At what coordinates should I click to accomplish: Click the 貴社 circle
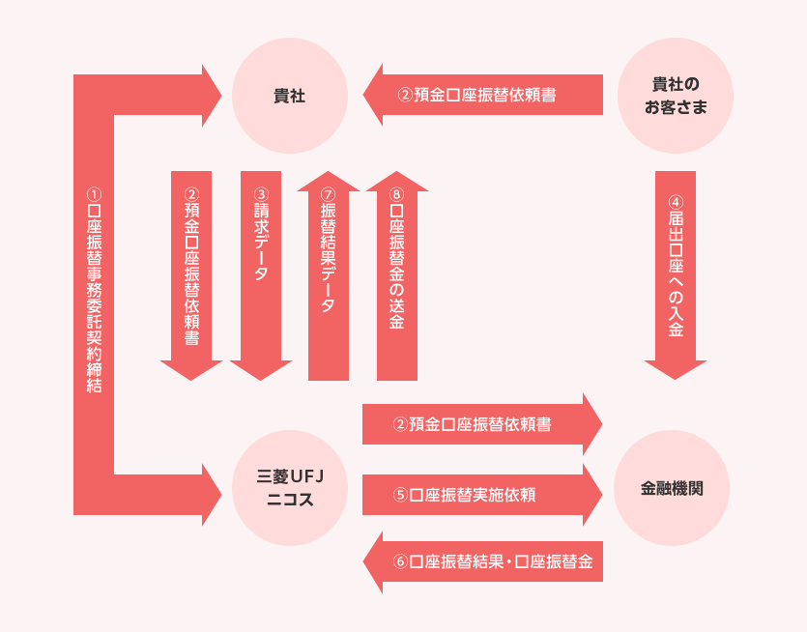[289, 96]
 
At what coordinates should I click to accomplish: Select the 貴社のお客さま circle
[675, 96]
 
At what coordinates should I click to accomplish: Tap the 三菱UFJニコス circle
[289, 488]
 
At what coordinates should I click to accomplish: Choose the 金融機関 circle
[672, 488]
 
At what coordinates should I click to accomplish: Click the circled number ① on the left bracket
[94, 194]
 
